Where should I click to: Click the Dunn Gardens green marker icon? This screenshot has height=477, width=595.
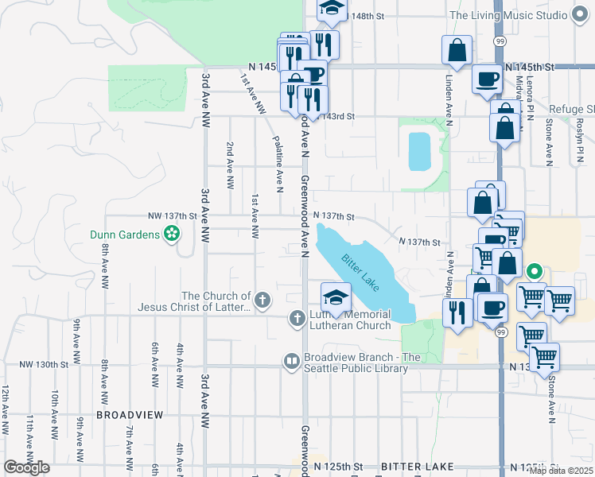(x=170, y=234)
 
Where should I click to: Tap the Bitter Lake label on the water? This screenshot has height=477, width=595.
(x=361, y=272)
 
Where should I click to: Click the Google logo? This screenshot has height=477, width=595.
(x=26, y=467)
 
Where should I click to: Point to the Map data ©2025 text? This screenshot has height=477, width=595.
(x=561, y=471)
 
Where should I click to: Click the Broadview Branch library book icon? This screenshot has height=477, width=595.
(x=292, y=362)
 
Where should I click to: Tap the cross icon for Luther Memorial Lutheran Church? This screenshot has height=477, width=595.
(x=296, y=319)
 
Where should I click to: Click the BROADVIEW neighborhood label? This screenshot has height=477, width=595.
(x=130, y=415)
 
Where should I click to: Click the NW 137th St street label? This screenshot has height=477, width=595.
(x=172, y=215)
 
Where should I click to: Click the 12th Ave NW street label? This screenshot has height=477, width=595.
(x=6, y=409)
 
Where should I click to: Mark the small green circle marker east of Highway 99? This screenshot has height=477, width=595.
(x=536, y=271)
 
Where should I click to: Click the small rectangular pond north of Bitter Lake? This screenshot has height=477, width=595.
(x=418, y=151)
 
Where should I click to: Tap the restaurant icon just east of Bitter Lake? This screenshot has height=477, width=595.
(x=457, y=312)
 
